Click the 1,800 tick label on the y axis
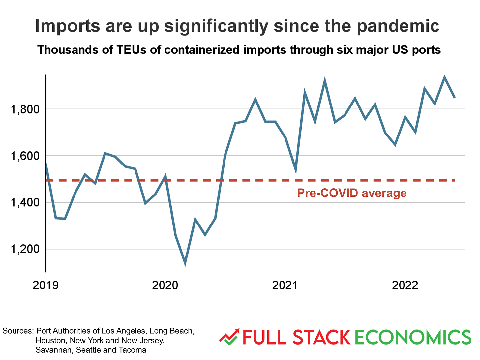click(x=25, y=109)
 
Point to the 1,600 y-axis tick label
click(x=25, y=156)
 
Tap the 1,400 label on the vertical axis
click(x=25, y=203)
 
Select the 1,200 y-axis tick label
click(x=25, y=249)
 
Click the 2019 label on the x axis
click(x=45, y=285)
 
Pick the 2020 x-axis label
click(x=165, y=285)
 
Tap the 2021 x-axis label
click(x=285, y=285)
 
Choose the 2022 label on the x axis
click(x=405, y=285)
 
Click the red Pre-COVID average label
click(x=352, y=193)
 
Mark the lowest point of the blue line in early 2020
click(x=185, y=263)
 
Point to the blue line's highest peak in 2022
click(x=444, y=78)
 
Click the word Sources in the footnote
click(x=18, y=331)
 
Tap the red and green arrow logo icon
click(x=229, y=337)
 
